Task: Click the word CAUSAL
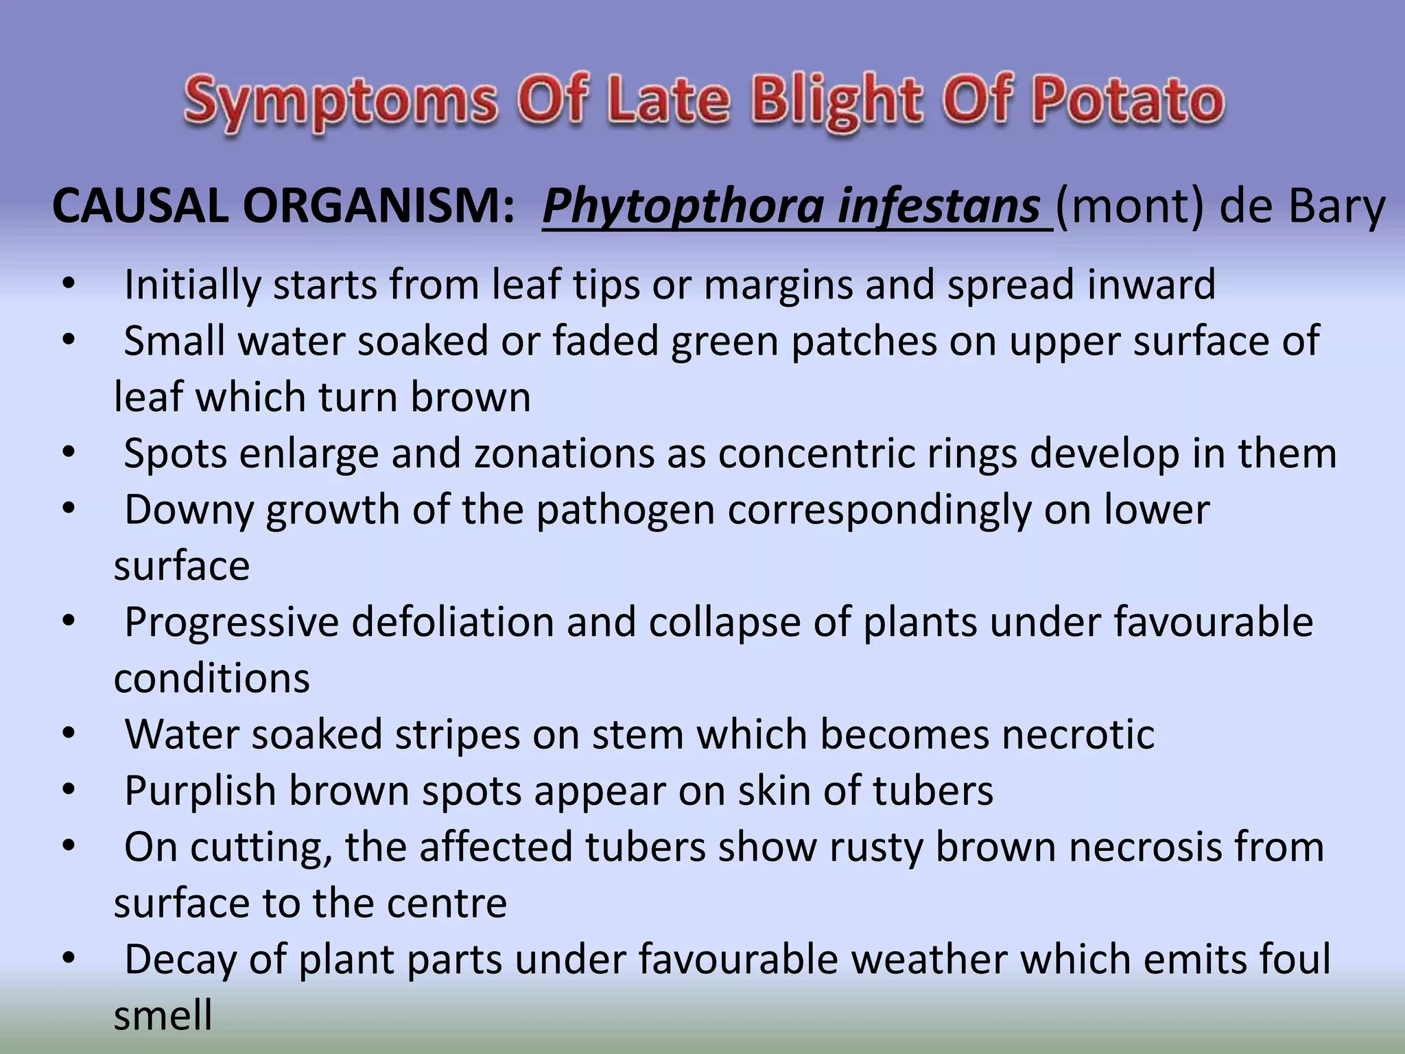coord(140,206)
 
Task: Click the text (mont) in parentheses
coord(1129,206)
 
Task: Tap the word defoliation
coord(453,622)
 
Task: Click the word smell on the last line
coord(163,1016)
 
